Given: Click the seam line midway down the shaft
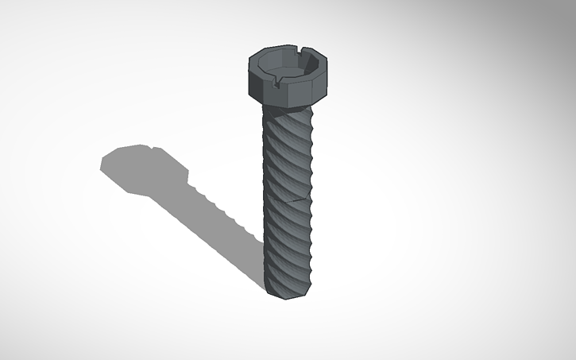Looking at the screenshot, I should coord(290,199).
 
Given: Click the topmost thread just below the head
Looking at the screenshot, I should coord(288,119).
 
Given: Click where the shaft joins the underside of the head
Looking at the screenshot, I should coord(286,110).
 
